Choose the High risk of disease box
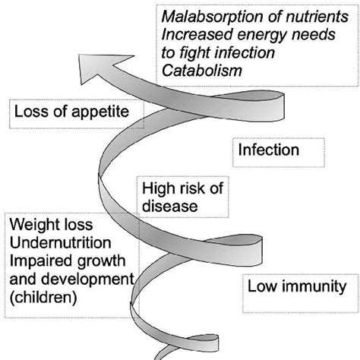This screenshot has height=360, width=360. pyautogui.click(x=172, y=197)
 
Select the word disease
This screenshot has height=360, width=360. pyautogui.click(x=170, y=205)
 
